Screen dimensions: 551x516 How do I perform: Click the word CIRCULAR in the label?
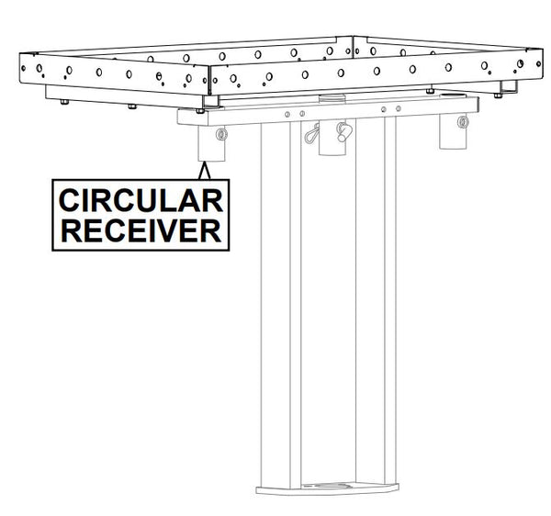tap(141, 200)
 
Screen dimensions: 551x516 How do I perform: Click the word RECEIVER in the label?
tap(141, 230)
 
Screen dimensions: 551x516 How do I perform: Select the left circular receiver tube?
tap(211, 143)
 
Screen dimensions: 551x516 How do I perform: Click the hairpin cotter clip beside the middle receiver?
tap(312, 134)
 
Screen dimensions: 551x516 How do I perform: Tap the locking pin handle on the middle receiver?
tap(343, 131)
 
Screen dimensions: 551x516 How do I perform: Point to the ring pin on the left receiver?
tap(221, 134)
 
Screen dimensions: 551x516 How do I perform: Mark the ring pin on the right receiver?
tap(463, 122)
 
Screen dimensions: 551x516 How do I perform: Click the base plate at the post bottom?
tap(327, 489)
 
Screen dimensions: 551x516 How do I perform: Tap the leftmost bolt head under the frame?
tap(64, 102)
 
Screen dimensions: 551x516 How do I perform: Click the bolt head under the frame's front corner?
tap(200, 111)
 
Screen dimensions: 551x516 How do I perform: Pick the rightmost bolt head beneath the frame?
tap(498, 95)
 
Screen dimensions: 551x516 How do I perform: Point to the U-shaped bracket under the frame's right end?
tap(509, 88)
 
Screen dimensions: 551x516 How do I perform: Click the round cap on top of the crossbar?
tap(332, 97)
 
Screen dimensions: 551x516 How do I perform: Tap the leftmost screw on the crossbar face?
tap(287, 114)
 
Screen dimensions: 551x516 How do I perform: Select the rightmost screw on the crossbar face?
tap(399, 108)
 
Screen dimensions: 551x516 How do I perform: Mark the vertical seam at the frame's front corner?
tap(209, 80)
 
